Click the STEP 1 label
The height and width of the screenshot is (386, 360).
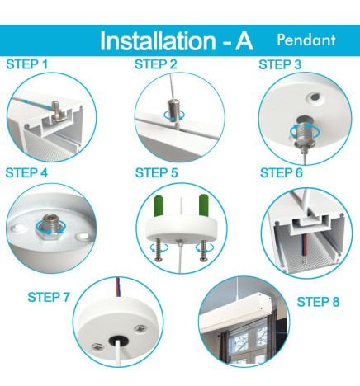tap(26, 64)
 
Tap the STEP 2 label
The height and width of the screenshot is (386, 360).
tap(156, 64)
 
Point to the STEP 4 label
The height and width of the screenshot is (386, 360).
tap(26, 172)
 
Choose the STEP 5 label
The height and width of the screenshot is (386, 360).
tap(156, 172)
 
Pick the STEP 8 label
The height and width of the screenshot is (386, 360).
tap(318, 302)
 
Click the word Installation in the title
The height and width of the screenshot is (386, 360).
tap(159, 41)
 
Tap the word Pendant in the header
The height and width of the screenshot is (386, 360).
tap(306, 40)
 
